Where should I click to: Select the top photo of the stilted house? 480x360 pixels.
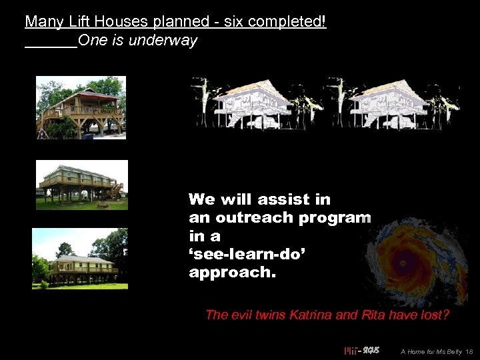(81, 107)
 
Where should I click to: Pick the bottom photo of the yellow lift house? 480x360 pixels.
(79, 259)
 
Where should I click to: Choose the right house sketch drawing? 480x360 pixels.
(393, 103)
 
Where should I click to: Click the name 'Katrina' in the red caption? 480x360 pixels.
(313, 315)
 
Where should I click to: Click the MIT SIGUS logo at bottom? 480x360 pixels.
(361, 351)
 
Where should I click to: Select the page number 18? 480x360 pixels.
(469, 351)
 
